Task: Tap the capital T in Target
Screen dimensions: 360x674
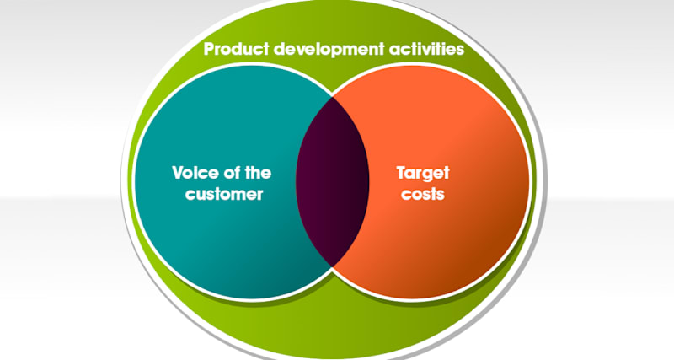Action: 400,174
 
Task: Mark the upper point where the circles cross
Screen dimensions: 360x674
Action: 333,94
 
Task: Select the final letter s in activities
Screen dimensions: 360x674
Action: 460,49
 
